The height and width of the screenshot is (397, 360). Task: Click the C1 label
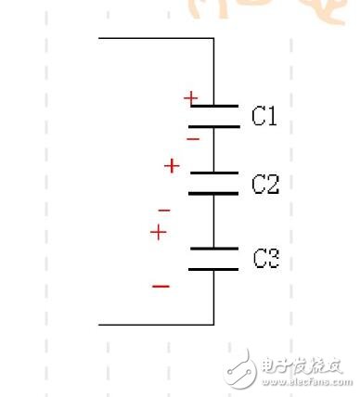click(264, 116)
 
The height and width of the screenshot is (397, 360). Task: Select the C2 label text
click(265, 185)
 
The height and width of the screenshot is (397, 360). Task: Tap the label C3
click(266, 259)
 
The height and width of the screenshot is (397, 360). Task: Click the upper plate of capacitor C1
click(213, 105)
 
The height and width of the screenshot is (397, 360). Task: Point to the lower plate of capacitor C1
click(213, 125)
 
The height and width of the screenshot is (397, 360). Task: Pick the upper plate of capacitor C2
click(213, 173)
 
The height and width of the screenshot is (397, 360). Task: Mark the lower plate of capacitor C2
click(213, 193)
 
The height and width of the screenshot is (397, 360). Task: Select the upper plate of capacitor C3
click(213, 248)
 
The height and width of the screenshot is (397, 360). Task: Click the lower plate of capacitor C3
click(213, 269)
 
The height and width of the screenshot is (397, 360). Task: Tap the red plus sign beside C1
click(190, 96)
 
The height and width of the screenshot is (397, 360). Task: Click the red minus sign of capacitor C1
click(193, 139)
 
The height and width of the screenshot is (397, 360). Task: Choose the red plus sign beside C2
click(171, 166)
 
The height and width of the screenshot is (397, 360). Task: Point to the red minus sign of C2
click(164, 211)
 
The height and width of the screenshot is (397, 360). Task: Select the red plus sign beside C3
click(159, 232)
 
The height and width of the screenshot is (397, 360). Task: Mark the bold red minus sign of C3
click(161, 286)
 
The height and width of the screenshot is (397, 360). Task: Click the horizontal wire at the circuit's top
click(156, 38)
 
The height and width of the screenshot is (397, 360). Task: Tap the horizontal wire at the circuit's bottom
click(156, 325)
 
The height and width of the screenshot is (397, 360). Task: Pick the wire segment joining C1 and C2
click(213, 148)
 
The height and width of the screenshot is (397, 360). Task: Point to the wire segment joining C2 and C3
click(213, 221)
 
